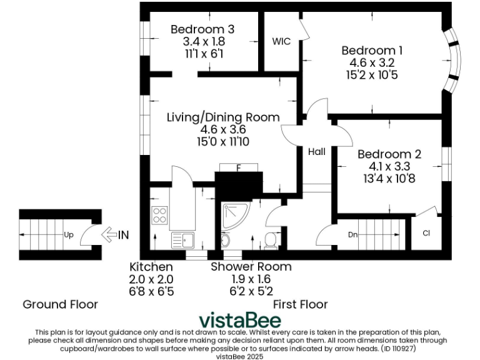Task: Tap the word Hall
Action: pyautogui.click(x=316, y=151)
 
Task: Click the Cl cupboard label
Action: pyautogui.click(x=426, y=234)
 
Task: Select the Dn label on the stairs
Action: pyautogui.click(x=352, y=236)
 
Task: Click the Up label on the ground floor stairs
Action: pyautogui.click(x=68, y=235)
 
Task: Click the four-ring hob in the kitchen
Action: pyautogui.click(x=159, y=215)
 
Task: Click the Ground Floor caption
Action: pyautogui.click(x=60, y=304)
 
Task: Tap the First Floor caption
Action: pyautogui.click(x=300, y=304)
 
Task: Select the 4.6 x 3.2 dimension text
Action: pyautogui.click(x=372, y=63)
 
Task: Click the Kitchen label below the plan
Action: pyautogui.click(x=151, y=267)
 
